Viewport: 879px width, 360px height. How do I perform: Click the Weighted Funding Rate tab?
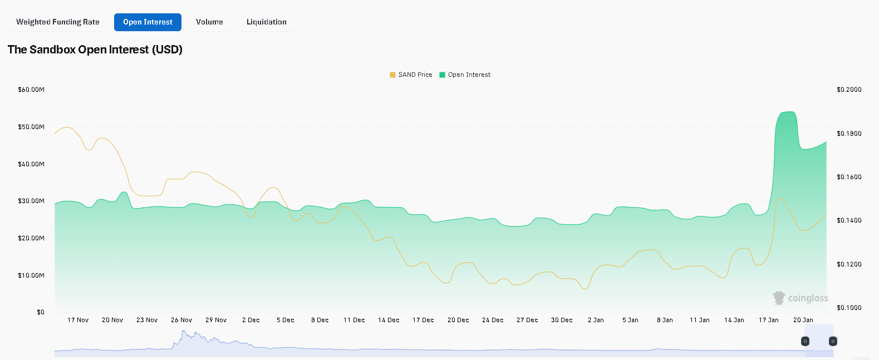(x=58, y=22)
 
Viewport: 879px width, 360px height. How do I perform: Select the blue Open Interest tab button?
(x=148, y=22)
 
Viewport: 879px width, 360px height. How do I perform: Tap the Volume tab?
(x=209, y=22)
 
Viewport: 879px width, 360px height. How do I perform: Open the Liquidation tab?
(x=267, y=22)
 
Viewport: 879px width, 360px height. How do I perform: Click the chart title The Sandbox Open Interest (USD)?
(x=95, y=50)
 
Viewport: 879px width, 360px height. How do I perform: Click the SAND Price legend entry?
(x=411, y=75)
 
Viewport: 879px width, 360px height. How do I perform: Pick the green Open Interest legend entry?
(x=465, y=75)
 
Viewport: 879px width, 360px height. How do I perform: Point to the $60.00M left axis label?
(x=31, y=90)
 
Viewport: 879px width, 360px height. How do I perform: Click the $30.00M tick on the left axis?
(x=31, y=201)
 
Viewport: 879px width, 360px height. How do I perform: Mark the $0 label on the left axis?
(x=41, y=312)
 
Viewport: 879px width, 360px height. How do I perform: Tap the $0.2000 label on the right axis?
(x=849, y=90)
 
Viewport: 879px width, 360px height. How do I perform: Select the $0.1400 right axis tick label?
(x=849, y=220)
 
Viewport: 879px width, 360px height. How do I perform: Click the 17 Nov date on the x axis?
(x=78, y=320)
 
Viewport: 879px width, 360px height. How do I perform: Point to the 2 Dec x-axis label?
(x=251, y=320)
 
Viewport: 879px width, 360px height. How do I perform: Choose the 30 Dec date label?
(x=562, y=320)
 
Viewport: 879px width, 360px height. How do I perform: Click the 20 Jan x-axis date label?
(x=803, y=320)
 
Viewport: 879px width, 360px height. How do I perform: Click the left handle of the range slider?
(x=805, y=341)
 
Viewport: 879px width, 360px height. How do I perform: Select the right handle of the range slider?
(x=833, y=341)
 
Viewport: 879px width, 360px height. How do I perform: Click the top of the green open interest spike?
(x=788, y=112)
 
